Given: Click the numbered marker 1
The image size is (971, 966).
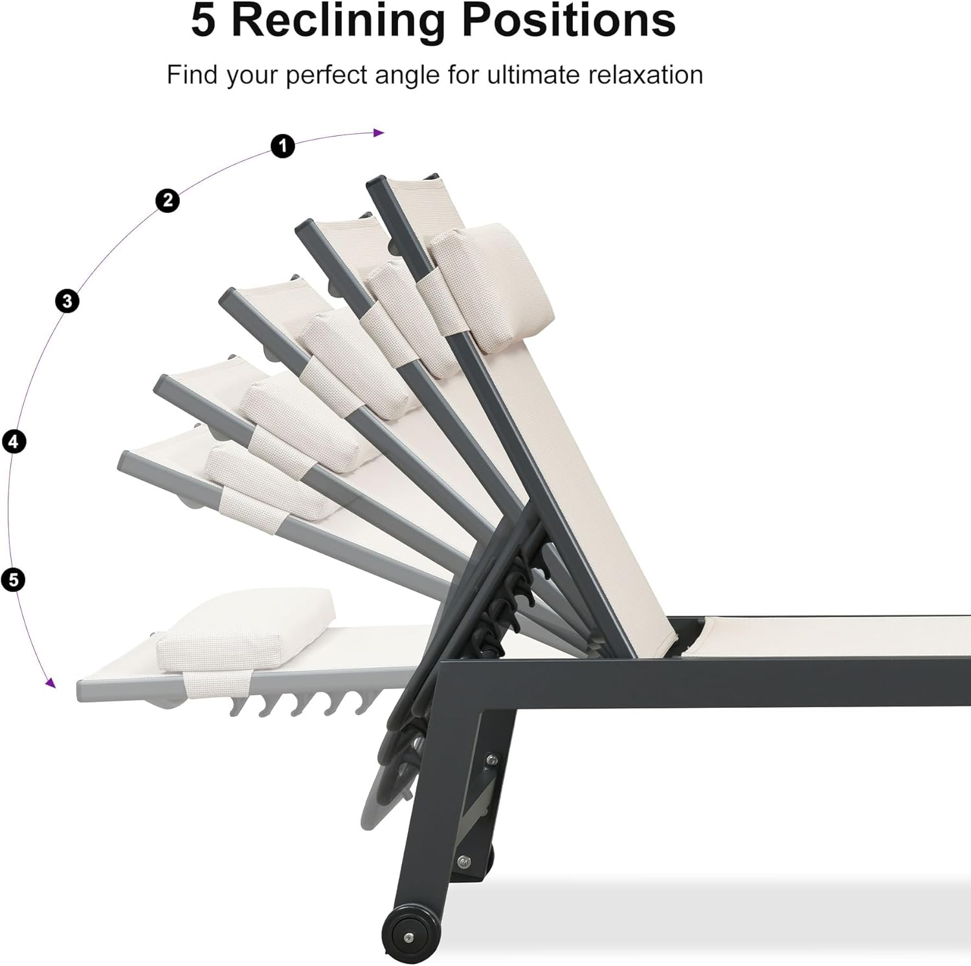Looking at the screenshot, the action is [282, 146].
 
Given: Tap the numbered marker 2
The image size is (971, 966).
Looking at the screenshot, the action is [168, 201].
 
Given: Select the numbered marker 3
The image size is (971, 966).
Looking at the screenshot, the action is [67, 301].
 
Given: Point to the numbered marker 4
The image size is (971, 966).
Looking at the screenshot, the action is [14, 442].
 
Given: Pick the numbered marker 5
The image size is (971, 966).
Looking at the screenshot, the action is [14, 579].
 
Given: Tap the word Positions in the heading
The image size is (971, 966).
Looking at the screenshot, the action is [568, 21].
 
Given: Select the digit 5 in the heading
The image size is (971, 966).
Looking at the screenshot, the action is [203, 21].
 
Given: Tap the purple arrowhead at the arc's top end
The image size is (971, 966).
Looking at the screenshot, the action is [379, 133].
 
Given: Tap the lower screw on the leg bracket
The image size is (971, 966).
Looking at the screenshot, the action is [463, 861].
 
